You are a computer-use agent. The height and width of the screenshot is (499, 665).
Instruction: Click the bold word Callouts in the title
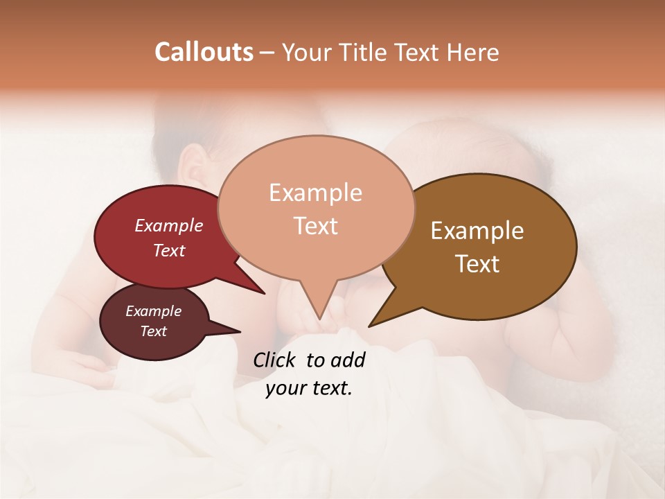pos(204,52)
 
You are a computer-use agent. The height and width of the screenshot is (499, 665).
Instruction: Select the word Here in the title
pos(474,52)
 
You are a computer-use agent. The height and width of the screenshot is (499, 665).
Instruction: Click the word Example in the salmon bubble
pos(315,193)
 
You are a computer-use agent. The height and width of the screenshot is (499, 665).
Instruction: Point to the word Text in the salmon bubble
pos(315,225)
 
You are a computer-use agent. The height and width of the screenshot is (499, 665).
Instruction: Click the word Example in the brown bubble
pos(477,231)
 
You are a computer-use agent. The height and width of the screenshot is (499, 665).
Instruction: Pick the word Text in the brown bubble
pos(477,263)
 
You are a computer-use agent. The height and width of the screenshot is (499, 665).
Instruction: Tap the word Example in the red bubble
pos(169,225)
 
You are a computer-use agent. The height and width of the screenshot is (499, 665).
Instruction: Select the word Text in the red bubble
pos(169,250)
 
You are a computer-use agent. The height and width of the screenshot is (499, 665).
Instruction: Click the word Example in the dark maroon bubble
pos(154,311)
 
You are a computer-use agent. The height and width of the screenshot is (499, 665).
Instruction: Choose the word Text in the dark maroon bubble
pos(154,331)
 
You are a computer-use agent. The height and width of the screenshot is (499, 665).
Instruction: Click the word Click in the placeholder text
pos(275,360)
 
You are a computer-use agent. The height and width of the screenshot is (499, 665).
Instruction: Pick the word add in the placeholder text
pos(348,360)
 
